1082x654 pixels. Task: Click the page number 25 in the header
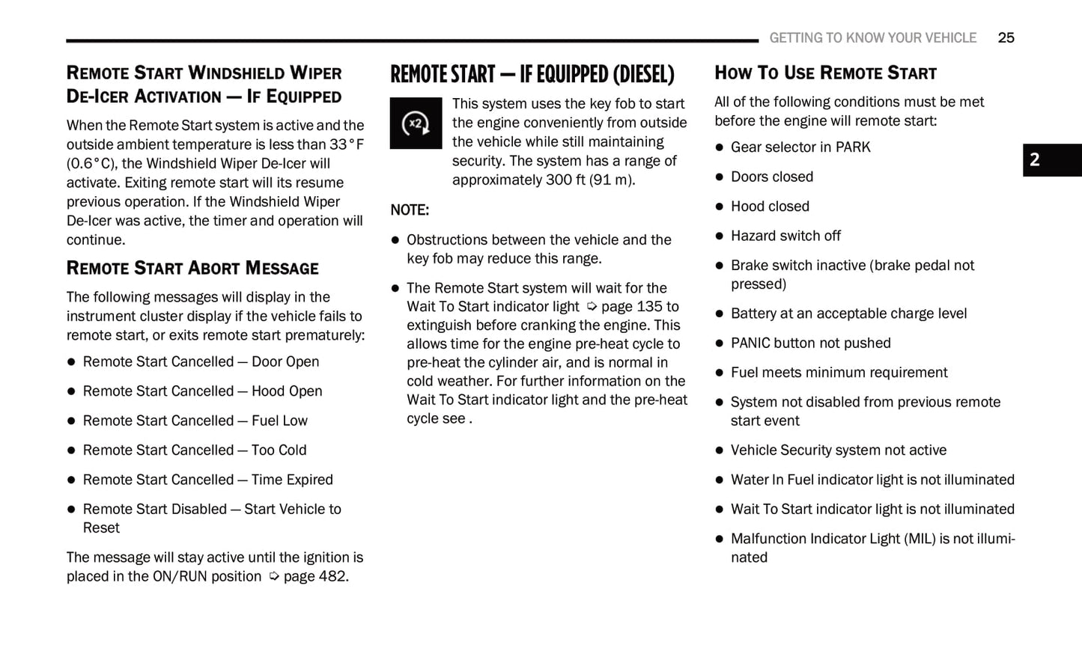[1006, 38]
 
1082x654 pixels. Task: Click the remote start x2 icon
[416, 123]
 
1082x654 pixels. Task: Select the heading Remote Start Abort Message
[192, 268]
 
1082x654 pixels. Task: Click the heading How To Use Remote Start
[825, 73]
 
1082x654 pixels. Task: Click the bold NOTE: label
[410, 210]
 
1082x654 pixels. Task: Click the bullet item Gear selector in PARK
[800, 147]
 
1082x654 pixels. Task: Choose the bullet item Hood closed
[770, 207]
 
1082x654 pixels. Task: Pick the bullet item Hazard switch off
[785, 236]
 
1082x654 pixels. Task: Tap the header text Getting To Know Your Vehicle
[872, 38]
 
